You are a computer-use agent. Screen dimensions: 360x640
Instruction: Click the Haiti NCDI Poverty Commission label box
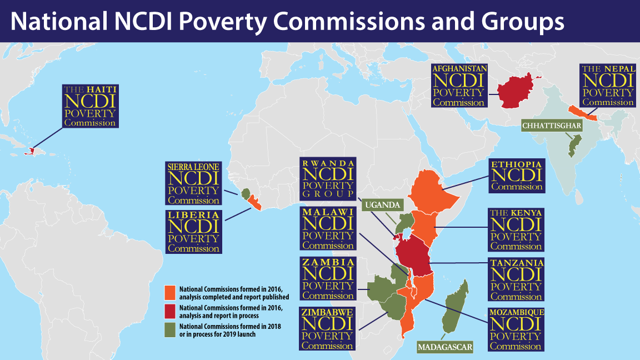pos(91,106)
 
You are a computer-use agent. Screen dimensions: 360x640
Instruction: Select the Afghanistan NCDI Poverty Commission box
pos(459,86)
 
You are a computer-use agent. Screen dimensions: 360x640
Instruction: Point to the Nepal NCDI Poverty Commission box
pos(607,86)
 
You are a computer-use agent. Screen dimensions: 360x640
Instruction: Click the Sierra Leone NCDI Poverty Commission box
pos(193,184)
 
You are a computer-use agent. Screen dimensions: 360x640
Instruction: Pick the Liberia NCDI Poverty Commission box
pos(193,232)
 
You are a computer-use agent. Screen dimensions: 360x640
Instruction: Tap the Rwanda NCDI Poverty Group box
pos(327,179)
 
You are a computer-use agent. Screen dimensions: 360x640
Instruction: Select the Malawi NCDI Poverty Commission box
pos(327,228)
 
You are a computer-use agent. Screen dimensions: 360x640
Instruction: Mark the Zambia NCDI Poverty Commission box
pos(327,278)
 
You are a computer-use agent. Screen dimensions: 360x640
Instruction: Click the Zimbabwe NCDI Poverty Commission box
pos(327,328)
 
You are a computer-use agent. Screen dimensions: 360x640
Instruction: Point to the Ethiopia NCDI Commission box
pos(516,176)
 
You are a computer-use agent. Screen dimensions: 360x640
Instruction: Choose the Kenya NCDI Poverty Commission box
pos(516,229)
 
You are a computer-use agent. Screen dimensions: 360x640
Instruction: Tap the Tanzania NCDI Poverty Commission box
pos(516,279)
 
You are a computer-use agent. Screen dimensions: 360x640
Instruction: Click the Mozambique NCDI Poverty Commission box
pos(516,329)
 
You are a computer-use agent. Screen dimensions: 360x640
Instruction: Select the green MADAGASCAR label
pos(444,347)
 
